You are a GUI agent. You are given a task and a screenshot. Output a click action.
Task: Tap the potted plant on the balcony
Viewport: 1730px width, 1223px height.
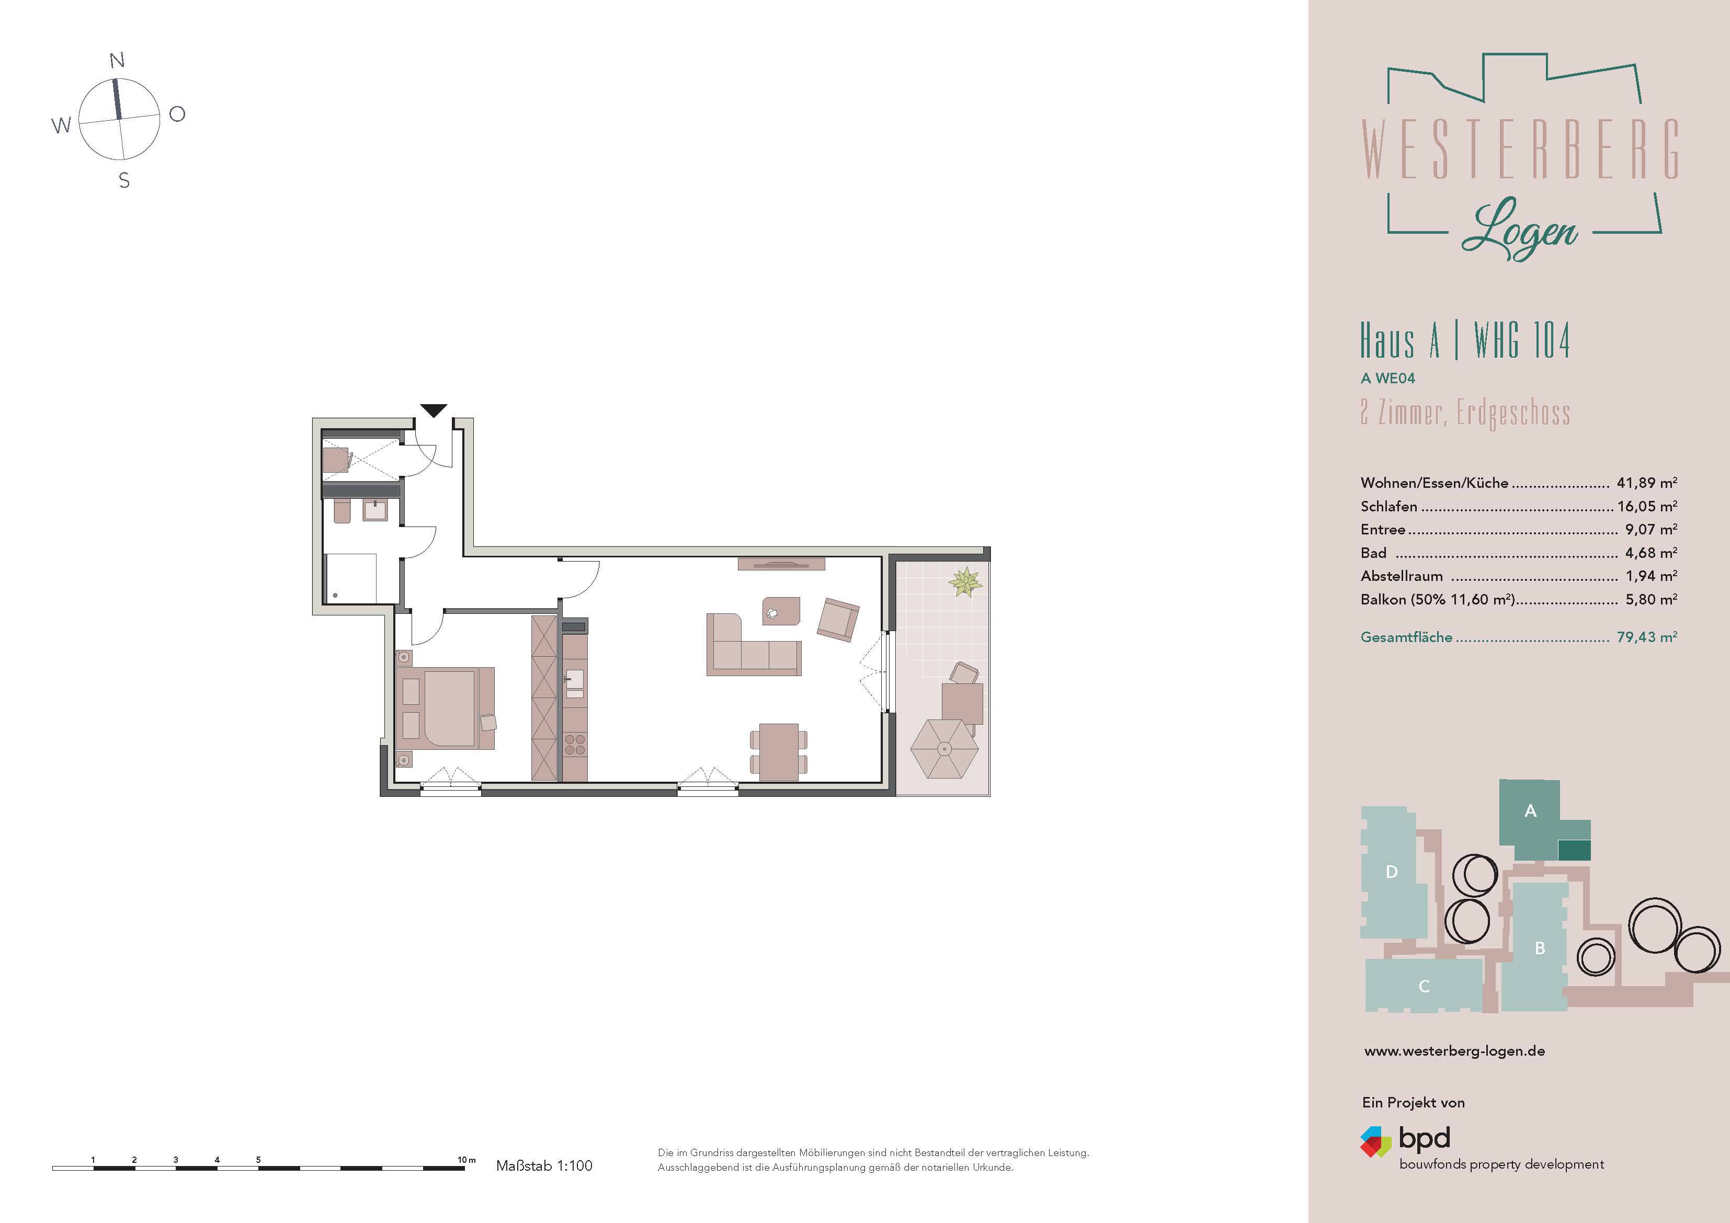[965, 582]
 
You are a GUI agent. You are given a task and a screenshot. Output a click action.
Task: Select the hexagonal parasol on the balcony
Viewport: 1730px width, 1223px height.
[944, 748]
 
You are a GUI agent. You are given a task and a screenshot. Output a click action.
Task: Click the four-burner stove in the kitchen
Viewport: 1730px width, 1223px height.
[575, 745]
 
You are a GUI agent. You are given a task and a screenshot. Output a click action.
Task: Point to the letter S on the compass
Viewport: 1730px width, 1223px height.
[124, 181]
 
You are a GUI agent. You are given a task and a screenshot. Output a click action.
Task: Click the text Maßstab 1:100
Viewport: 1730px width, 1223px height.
[544, 1165]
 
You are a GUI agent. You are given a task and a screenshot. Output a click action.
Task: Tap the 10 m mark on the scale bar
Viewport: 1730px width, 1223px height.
[466, 1160]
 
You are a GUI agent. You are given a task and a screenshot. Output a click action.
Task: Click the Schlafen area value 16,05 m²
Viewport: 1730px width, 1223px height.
[1646, 506]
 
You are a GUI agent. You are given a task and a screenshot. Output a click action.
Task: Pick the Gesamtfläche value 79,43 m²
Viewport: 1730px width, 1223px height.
[1646, 637]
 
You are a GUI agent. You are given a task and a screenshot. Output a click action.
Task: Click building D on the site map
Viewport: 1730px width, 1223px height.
[1393, 872]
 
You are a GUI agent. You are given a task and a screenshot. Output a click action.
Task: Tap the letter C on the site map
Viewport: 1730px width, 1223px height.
[1424, 986]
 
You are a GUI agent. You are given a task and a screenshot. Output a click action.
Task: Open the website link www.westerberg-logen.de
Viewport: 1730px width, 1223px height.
[1454, 1051]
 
